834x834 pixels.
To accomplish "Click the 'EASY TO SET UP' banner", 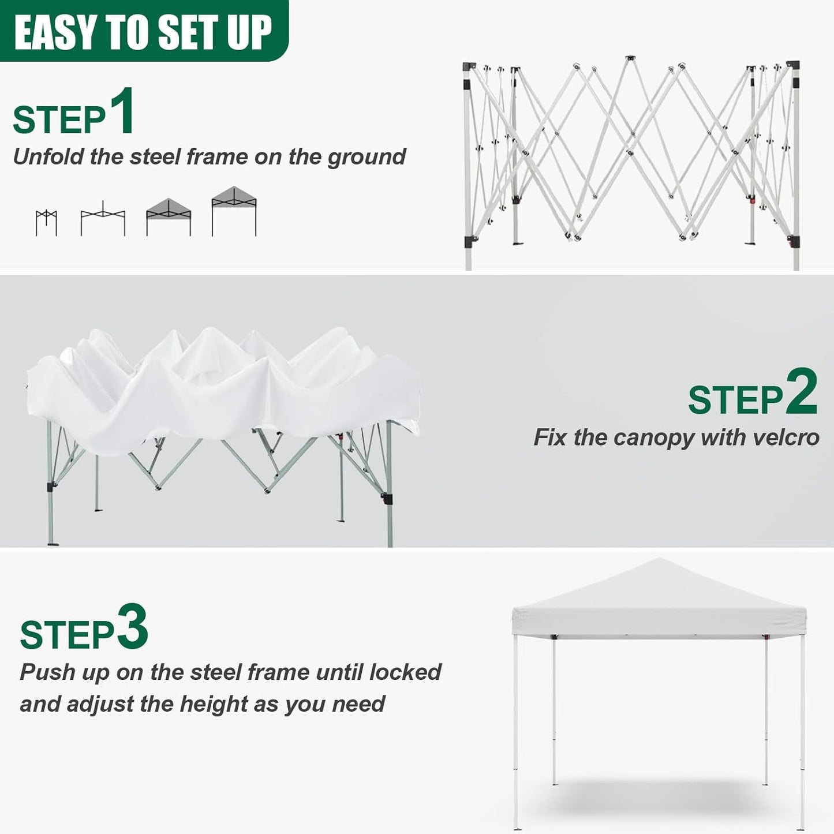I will point(143,32).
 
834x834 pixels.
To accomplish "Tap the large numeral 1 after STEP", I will point(122,111).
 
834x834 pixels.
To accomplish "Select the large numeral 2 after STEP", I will point(802,392).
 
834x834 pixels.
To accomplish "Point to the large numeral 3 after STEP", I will point(133,627).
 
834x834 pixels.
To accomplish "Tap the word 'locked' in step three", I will point(405,672).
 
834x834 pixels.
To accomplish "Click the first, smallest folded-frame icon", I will point(46,223).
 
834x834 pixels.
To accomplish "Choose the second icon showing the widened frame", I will point(103,219).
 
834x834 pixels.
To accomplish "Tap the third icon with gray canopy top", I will point(169,216).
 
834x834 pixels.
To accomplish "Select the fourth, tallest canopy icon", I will point(234,211).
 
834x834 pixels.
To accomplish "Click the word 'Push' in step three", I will point(47,672).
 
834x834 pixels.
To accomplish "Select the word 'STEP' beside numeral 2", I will point(735,400).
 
